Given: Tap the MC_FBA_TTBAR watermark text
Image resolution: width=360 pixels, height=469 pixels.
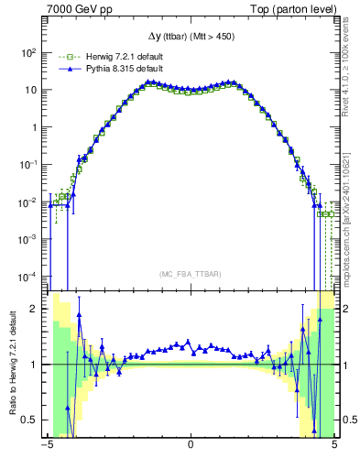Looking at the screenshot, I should click(x=191, y=274).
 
